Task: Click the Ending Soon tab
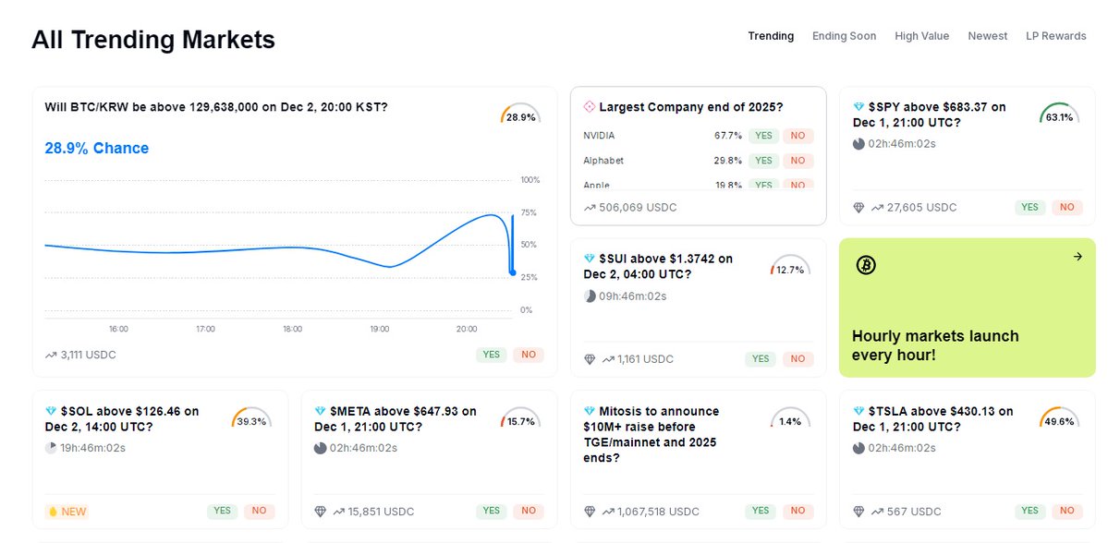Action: click(x=844, y=36)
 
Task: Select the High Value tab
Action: click(x=921, y=36)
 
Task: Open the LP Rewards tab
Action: click(x=1055, y=36)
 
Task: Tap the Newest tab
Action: click(x=987, y=36)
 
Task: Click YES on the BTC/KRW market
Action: click(x=491, y=355)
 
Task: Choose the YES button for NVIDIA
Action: click(x=762, y=136)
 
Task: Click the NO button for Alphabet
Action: click(x=797, y=161)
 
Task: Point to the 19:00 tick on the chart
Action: click(x=379, y=329)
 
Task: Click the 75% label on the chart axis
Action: click(x=528, y=212)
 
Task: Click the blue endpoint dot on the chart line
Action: click(x=513, y=271)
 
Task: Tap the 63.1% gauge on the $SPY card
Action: click(x=1059, y=115)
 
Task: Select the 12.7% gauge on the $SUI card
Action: click(x=789, y=268)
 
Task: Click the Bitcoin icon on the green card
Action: click(x=866, y=265)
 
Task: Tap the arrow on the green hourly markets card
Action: click(x=1077, y=257)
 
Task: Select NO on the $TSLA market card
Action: click(x=1066, y=511)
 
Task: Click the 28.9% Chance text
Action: click(x=96, y=149)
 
